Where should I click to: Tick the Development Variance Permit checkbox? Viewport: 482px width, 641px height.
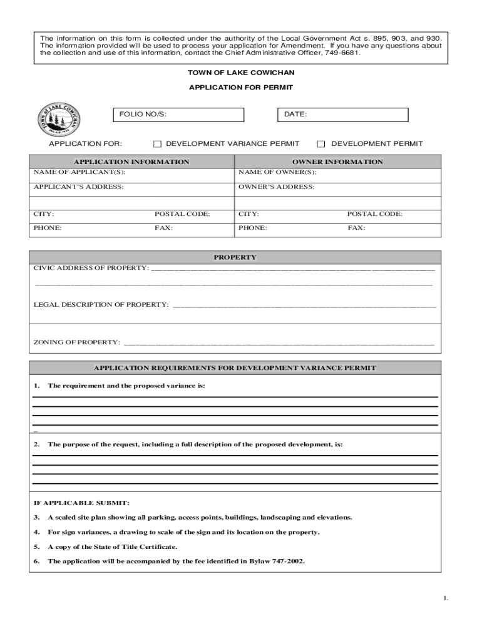(x=158, y=144)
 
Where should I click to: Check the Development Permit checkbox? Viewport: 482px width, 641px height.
(x=321, y=144)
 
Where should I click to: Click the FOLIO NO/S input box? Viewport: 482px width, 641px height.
(x=178, y=115)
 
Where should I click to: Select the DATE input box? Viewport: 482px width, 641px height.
(x=342, y=115)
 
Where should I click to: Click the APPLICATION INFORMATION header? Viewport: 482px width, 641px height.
(x=131, y=162)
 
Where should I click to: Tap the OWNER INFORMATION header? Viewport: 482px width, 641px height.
(x=337, y=162)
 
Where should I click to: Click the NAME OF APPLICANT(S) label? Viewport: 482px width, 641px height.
(x=79, y=172)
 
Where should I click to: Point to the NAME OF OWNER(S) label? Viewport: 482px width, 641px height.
(x=277, y=172)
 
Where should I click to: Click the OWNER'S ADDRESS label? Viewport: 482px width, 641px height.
(x=276, y=187)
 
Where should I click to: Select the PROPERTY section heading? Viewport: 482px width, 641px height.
(x=235, y=257)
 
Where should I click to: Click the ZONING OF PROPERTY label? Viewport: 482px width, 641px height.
(x=76, y=342)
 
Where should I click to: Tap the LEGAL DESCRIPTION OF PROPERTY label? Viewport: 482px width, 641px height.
(x=101, y=305)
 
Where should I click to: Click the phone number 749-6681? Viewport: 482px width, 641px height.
(x=342, y=53)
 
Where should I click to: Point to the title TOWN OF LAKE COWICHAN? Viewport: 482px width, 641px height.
(x=241, y=73)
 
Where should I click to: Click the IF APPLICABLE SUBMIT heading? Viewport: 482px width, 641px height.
(x=81, y=503)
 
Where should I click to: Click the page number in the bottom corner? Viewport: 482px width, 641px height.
(x=446, y=598)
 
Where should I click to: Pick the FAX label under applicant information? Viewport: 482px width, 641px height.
(x=163, y=228)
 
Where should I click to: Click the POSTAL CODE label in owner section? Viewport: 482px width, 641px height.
(x=375, y=214)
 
